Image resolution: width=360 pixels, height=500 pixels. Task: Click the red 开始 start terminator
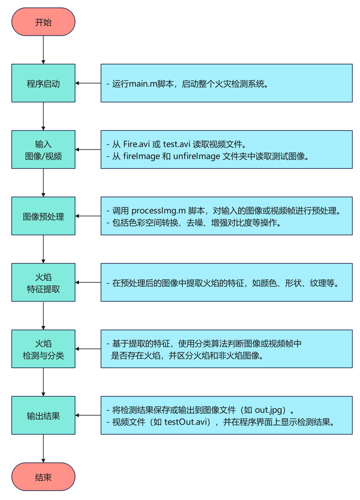[x=43, y=22]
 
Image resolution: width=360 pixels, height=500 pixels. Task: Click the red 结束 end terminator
[x=43, y=477]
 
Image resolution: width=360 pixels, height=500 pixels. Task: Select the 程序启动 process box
[x=43, y=83]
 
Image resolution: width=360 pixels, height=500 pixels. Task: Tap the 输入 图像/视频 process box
[x=43, y=150]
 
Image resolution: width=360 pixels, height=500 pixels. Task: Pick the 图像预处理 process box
[x=43, y=216]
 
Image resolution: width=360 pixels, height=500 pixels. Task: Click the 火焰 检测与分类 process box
[x=43, y=349]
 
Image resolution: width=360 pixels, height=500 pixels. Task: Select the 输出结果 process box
[x=43, y=416]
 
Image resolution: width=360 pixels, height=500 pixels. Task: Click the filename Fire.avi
[x=135, y=144]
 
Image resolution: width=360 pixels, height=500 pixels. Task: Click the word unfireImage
[x=197, y=156]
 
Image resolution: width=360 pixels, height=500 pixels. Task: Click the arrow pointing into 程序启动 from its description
[x=88, y=83]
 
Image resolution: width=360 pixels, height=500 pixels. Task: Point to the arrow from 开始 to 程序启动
[x=43, y=50]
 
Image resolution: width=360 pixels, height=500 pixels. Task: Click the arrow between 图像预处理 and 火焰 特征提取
[x=43, y=249]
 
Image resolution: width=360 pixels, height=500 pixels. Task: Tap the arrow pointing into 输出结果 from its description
[x=88, y=416]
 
